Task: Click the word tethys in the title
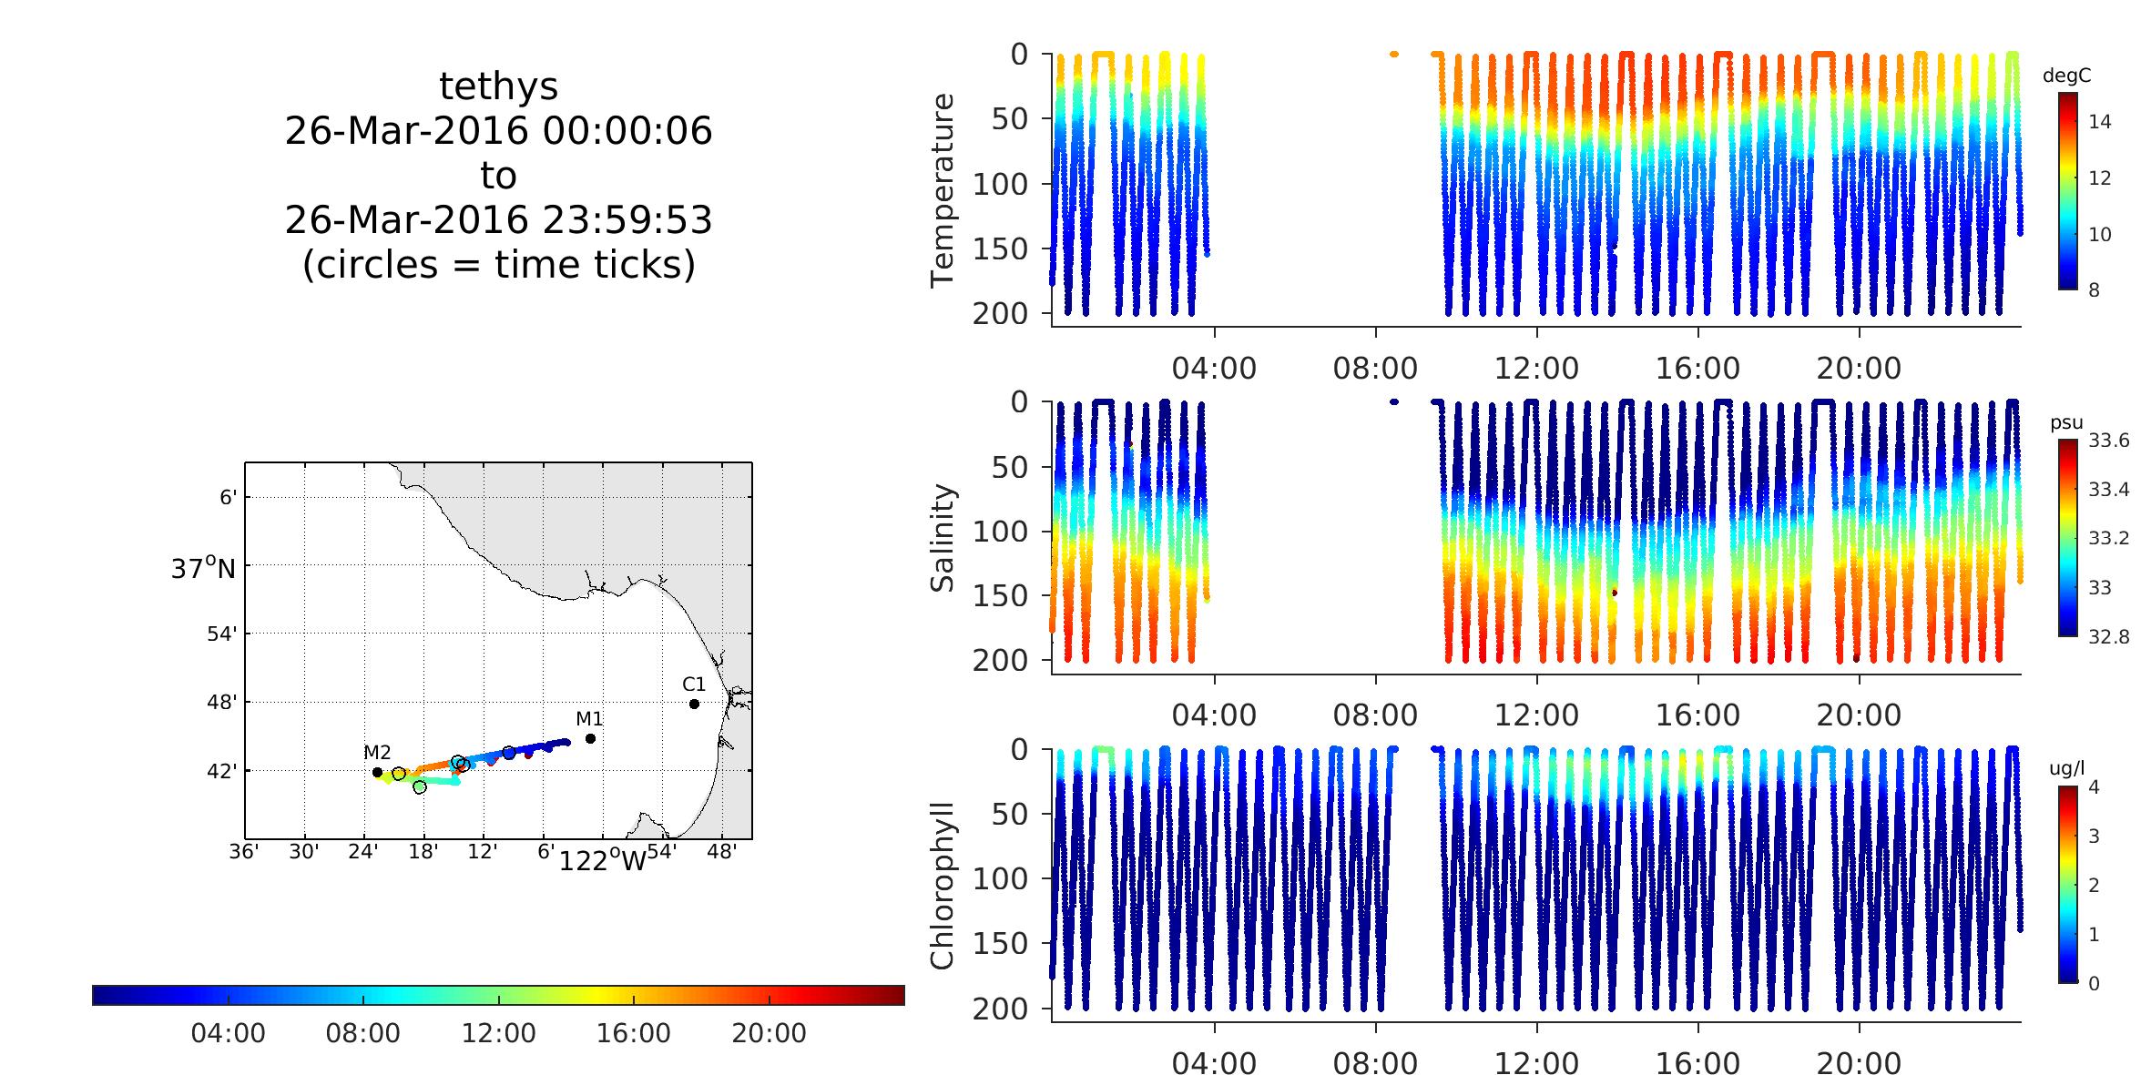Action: (x=498, y=86)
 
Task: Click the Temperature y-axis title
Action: (x=943, y=190)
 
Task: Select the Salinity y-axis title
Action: (x=943, y=538)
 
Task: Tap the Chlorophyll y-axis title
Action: (x=943, y=885)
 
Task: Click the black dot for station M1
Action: (x=590, y=738)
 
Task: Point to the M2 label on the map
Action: (x=377, y=752)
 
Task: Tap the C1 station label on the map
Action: (x=694, y=684)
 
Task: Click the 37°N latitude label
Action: (x=203, y=569)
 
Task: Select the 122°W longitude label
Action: (x=601, y=860)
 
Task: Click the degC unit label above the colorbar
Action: (x=2066, y=76)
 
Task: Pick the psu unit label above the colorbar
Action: (x=2066, y=423)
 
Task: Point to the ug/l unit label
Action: (x=2066, y=769)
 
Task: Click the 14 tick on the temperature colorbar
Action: (x=2099, y=122)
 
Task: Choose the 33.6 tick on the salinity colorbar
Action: (x=2108, y=441)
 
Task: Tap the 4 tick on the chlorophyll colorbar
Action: (x=2093, y=787)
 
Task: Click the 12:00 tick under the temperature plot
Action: (x=1536, y=369)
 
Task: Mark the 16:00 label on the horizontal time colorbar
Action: (x=634, y=1033)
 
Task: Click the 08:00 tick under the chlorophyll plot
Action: (x=1375, y=1063)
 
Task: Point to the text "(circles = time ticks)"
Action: (x=498, y=264)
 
